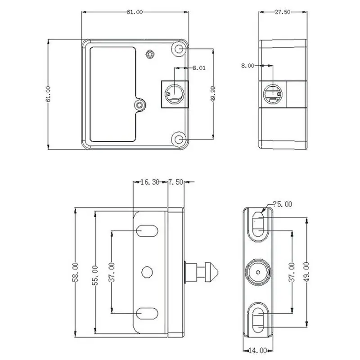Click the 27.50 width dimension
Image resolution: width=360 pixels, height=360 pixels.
(283, 13)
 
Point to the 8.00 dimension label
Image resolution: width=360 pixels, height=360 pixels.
(248, 66)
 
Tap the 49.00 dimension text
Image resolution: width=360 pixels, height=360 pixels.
(307, 272)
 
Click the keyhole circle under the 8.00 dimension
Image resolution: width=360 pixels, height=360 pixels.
(273, 94)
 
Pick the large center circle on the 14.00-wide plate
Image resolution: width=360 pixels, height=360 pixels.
(258, 272)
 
